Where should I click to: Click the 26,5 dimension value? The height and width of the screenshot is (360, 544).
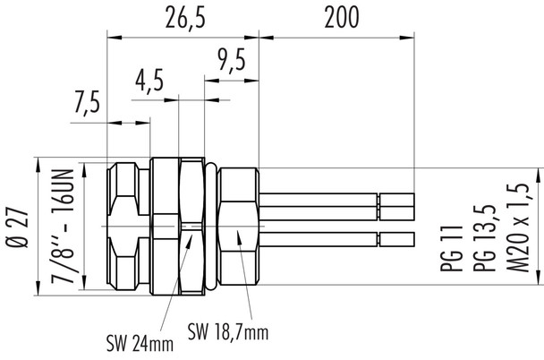click(x=183, y=18)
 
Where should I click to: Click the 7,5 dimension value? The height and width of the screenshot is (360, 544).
click(x=86, y=105)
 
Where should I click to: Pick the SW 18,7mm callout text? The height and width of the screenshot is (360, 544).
click(x=228, y=333)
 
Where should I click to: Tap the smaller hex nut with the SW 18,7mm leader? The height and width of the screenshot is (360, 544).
click(x=239, y=228)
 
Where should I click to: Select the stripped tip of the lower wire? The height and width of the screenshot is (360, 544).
click(x=397, y=240)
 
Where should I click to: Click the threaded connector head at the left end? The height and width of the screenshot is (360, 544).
click(x=125, y=228)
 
